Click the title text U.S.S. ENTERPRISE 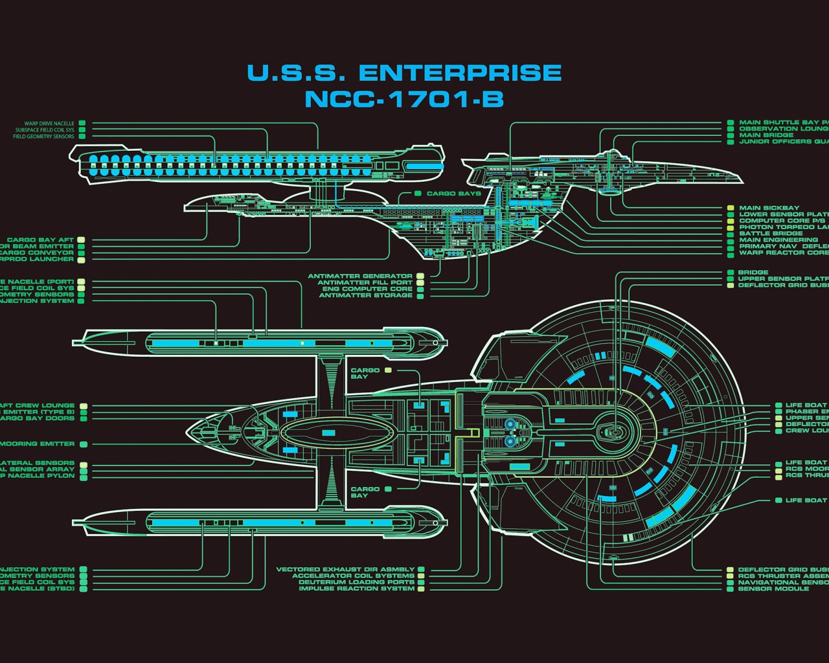point(404,73)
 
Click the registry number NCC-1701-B point(404,100)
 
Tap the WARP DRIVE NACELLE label point(49,123)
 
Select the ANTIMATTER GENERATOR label point(360,276)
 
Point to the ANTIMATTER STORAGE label point(365,296)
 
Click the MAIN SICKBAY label point(769,208)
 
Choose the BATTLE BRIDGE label point(771,234)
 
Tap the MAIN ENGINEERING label point(778,240)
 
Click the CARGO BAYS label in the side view point(453,194)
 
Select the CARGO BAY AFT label point(40,240)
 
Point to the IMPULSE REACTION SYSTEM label point(357,589)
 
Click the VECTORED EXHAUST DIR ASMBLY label point(345,570)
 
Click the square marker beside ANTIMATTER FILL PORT point(420,283)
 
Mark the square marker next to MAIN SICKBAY point(731,208)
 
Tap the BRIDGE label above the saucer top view point(753,273)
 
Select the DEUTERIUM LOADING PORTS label point(356,582)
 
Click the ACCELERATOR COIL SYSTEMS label point(353,576)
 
